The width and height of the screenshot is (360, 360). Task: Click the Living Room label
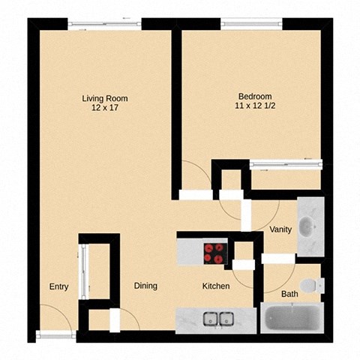tap(104, 98)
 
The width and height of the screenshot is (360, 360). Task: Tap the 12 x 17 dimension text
tap(104, 108)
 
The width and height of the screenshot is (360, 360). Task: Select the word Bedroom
tap(254, 96)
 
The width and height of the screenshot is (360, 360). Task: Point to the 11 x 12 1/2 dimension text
tap(254, 106)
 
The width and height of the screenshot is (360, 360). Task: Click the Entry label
tap(59, 286)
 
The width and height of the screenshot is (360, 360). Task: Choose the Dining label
tap(145, 286)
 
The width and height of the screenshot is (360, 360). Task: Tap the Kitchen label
tap(215, 286)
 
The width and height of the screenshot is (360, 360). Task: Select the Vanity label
tap(280, 230)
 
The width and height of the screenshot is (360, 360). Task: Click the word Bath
tap(289, 294)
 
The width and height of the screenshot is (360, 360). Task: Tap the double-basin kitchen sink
tap(217, 318)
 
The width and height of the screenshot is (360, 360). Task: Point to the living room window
tap(104, 24)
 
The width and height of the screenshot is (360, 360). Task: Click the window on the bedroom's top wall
tap(250, 24)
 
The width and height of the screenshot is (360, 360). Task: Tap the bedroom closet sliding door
tap(285, 164)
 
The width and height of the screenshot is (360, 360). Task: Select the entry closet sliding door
tap(84, 270)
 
